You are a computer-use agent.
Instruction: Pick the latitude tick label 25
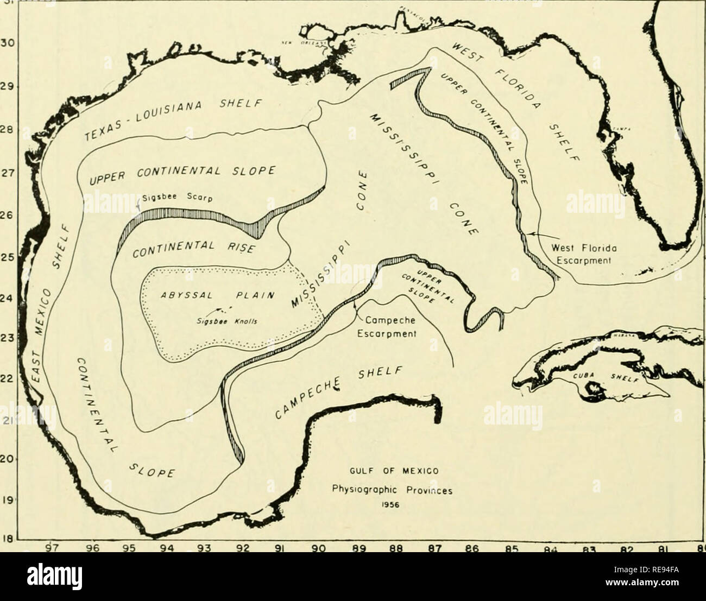click(x=7, y=259)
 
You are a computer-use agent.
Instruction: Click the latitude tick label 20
click(x=7, y=459)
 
